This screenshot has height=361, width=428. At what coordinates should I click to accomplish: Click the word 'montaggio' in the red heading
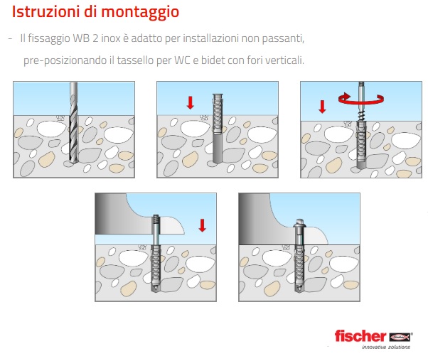pos(140,13)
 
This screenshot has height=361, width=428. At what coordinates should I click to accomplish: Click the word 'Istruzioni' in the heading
pos(46,11)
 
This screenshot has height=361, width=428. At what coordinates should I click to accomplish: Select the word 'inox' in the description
pos(110,38)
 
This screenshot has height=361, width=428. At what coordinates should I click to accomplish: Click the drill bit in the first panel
pos(74,122)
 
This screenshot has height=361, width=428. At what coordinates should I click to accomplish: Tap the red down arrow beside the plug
pos(191,103)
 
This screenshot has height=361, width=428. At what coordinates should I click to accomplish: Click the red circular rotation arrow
pos(361,99)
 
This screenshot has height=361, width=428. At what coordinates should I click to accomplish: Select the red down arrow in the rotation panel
pos(322,107)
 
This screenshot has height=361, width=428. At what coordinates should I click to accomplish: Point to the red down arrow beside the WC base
pos(202,225)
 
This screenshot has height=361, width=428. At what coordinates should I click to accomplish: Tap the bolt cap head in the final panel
pos(299,223)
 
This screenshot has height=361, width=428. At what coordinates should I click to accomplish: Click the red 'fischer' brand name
pos(360,336)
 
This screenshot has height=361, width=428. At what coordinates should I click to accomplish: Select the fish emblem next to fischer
pos(400,338)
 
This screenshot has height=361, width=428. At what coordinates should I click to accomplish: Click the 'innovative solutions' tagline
pos(385,347)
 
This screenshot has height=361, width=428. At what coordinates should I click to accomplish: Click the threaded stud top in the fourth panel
pos(156,219)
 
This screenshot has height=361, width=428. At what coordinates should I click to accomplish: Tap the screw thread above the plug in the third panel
pos(361,115)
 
